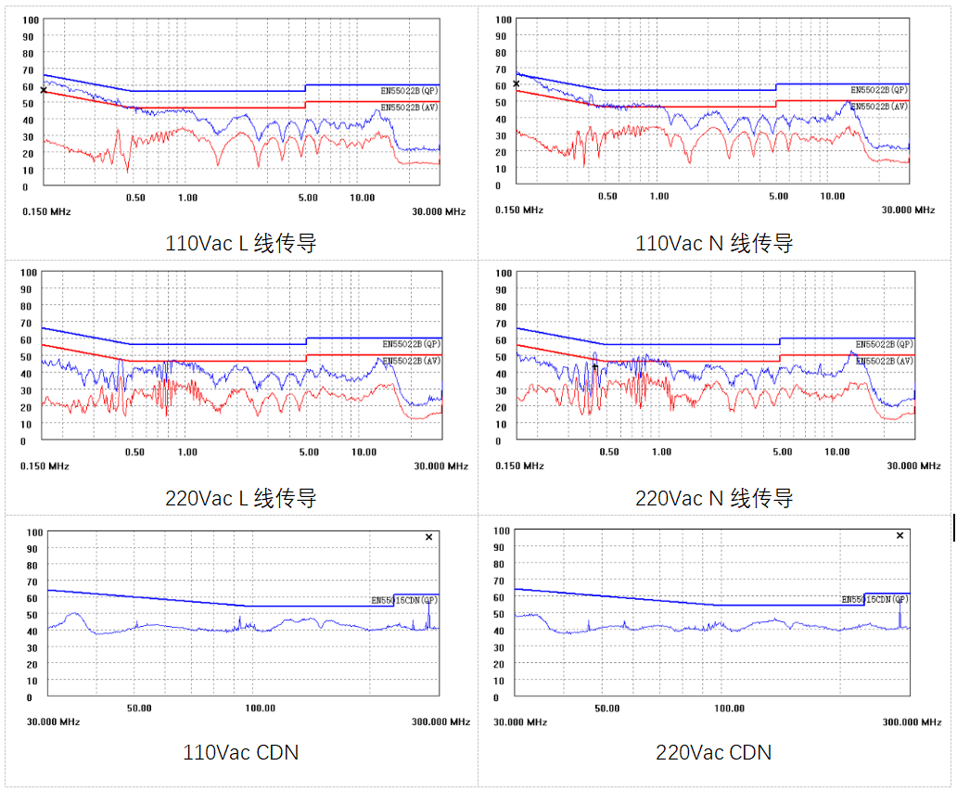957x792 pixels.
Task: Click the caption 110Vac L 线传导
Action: tap(241, 244)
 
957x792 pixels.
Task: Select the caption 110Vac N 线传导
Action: tap(714, 244)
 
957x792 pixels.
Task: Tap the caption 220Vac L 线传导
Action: tap(241, 498)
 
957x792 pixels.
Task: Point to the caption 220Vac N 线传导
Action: tap(714, 498)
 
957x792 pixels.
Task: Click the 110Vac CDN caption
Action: tap(241, 752)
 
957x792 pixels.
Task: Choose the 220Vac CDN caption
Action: tap(714, 752)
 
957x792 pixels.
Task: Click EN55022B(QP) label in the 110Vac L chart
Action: tap(410, 91)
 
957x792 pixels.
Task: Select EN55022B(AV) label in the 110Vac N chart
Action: tap(880, 107)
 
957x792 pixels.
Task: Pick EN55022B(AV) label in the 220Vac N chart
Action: tap(883, 360)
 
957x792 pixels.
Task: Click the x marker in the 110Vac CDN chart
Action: tap(428, 537)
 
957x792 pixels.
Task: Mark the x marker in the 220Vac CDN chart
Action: tap(900, 535)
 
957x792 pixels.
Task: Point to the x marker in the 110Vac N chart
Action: tap(517, 83)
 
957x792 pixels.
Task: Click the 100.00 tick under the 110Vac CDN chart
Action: tap(260, 709)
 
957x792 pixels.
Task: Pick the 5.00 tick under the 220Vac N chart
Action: tap(783, 452)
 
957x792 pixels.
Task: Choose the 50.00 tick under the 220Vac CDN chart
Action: tap(607, 708)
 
